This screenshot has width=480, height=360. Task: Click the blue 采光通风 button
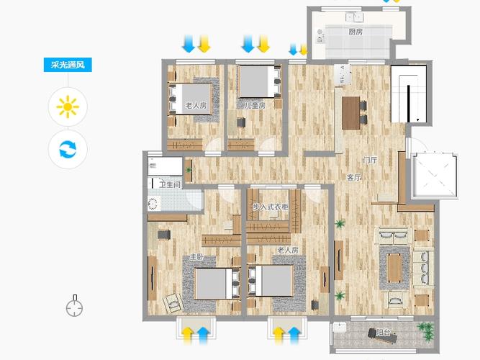coord(68,65)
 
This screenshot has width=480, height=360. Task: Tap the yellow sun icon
coord(68,107)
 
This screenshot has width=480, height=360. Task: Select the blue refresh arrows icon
coord(68,149)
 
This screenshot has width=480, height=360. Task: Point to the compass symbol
coord(74,306)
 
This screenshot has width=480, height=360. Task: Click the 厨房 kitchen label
coord(356,32)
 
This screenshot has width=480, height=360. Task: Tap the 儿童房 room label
coord(255,106)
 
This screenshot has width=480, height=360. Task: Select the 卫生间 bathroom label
coord(170,185)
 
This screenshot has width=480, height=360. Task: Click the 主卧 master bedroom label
coord(197,257)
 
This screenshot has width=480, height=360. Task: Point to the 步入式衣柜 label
coord(271,207)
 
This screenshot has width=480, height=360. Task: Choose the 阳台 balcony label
coord(383,332)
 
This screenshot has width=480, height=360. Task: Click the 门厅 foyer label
coord(369,160)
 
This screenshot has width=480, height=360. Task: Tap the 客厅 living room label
coord(354,177)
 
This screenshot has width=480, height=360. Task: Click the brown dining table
coord(350,113)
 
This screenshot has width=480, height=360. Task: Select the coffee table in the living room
coord(394,268)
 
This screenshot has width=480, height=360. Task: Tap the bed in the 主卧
coord(217,284)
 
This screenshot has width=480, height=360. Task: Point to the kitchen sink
coord(355,17)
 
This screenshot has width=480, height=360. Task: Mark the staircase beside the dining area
coord(409,94)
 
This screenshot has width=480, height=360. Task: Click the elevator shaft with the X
coord(435,176)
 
